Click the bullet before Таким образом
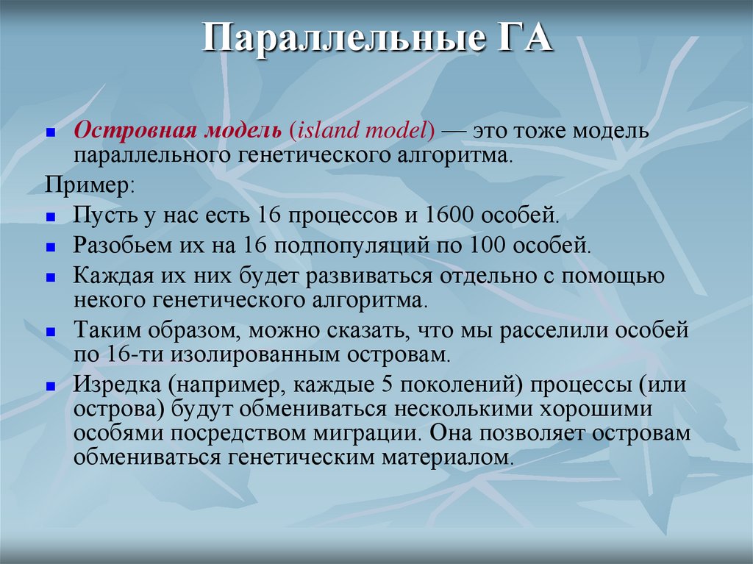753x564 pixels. tap(51, 332)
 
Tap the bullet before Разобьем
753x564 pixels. tap(51, 246)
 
